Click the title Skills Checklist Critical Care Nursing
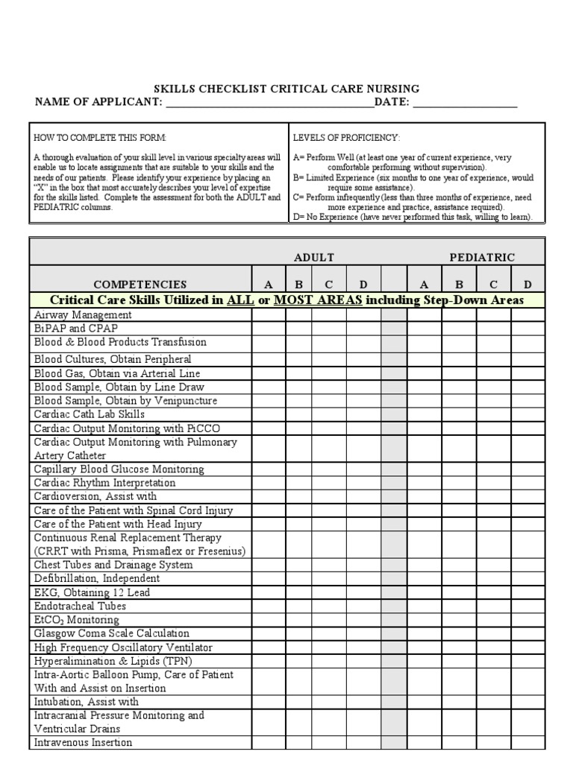(286, 89)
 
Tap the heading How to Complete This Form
(100, 139)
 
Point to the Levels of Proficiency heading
(346, 139)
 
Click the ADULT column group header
(314, 257)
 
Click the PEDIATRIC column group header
(482, 257)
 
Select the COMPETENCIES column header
(140, 284)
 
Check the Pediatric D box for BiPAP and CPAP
(527, 328)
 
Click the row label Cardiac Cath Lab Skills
(90, 414)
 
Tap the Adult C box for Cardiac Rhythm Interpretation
(328, 483)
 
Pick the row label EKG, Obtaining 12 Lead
(92, 592)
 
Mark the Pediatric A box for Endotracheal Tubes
(424, 606)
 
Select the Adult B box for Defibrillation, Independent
(298, 578)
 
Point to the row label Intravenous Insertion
(83, 743)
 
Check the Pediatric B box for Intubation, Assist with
(459, 702)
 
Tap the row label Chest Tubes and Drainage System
(113, 565)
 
